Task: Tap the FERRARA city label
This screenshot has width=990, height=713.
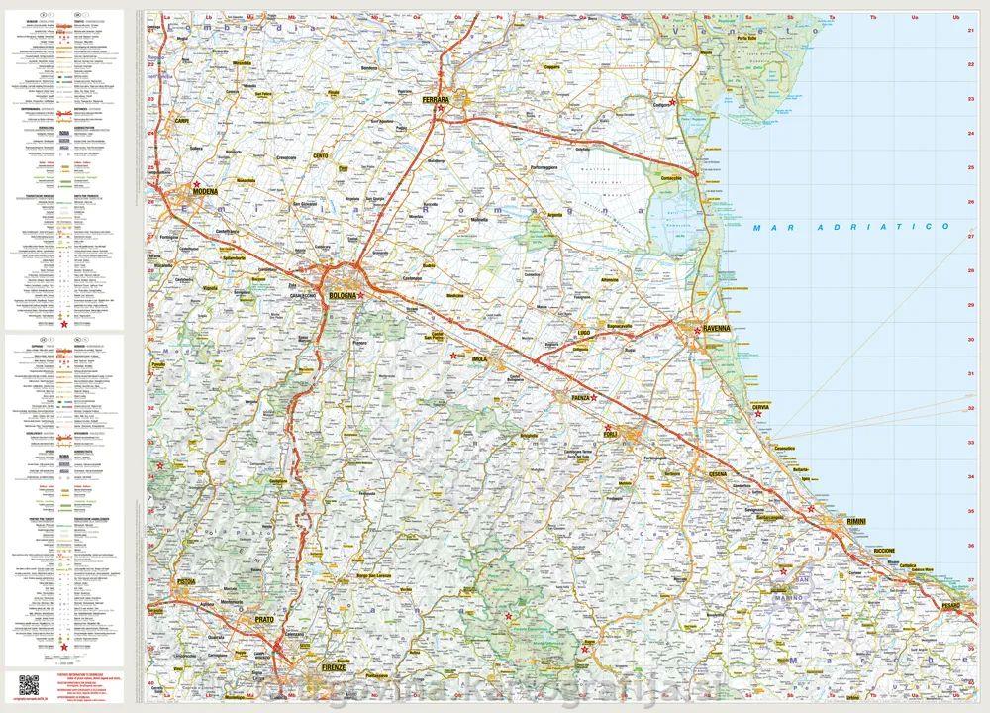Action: [x=436, y=101]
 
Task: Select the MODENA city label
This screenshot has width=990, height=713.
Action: [x=205, y=190]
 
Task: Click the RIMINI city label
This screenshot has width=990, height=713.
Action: [x=857, y=521]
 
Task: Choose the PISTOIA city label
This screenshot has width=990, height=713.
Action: [x=184, y=581]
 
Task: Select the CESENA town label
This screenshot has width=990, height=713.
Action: [x=717, y=473]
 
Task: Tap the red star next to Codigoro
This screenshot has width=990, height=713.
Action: [x=673, y=101]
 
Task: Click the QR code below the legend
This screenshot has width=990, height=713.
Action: [x=30, y=683]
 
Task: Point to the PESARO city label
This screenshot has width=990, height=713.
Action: [x=952, y=603]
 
